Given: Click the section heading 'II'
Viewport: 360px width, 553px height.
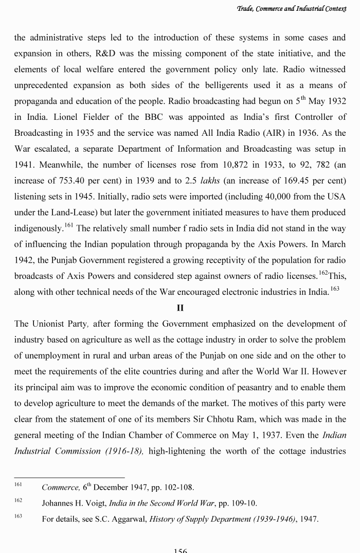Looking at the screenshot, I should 180,308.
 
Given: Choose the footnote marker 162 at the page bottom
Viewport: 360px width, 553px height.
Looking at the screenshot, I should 18,501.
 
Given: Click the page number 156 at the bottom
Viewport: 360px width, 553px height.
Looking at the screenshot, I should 180,550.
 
